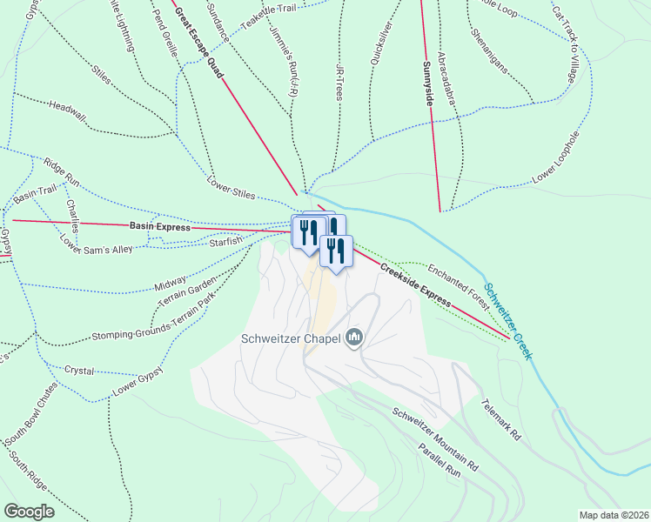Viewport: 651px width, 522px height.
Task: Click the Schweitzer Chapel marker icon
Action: [354, 337]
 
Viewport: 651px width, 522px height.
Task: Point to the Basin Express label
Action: [159, 226]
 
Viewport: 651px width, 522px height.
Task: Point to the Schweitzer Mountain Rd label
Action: [435, 440]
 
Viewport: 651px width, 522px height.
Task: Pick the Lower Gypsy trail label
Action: [138, 376]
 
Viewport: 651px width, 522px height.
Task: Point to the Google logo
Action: [29, 511]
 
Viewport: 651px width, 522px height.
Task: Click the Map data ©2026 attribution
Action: [613, 515]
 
